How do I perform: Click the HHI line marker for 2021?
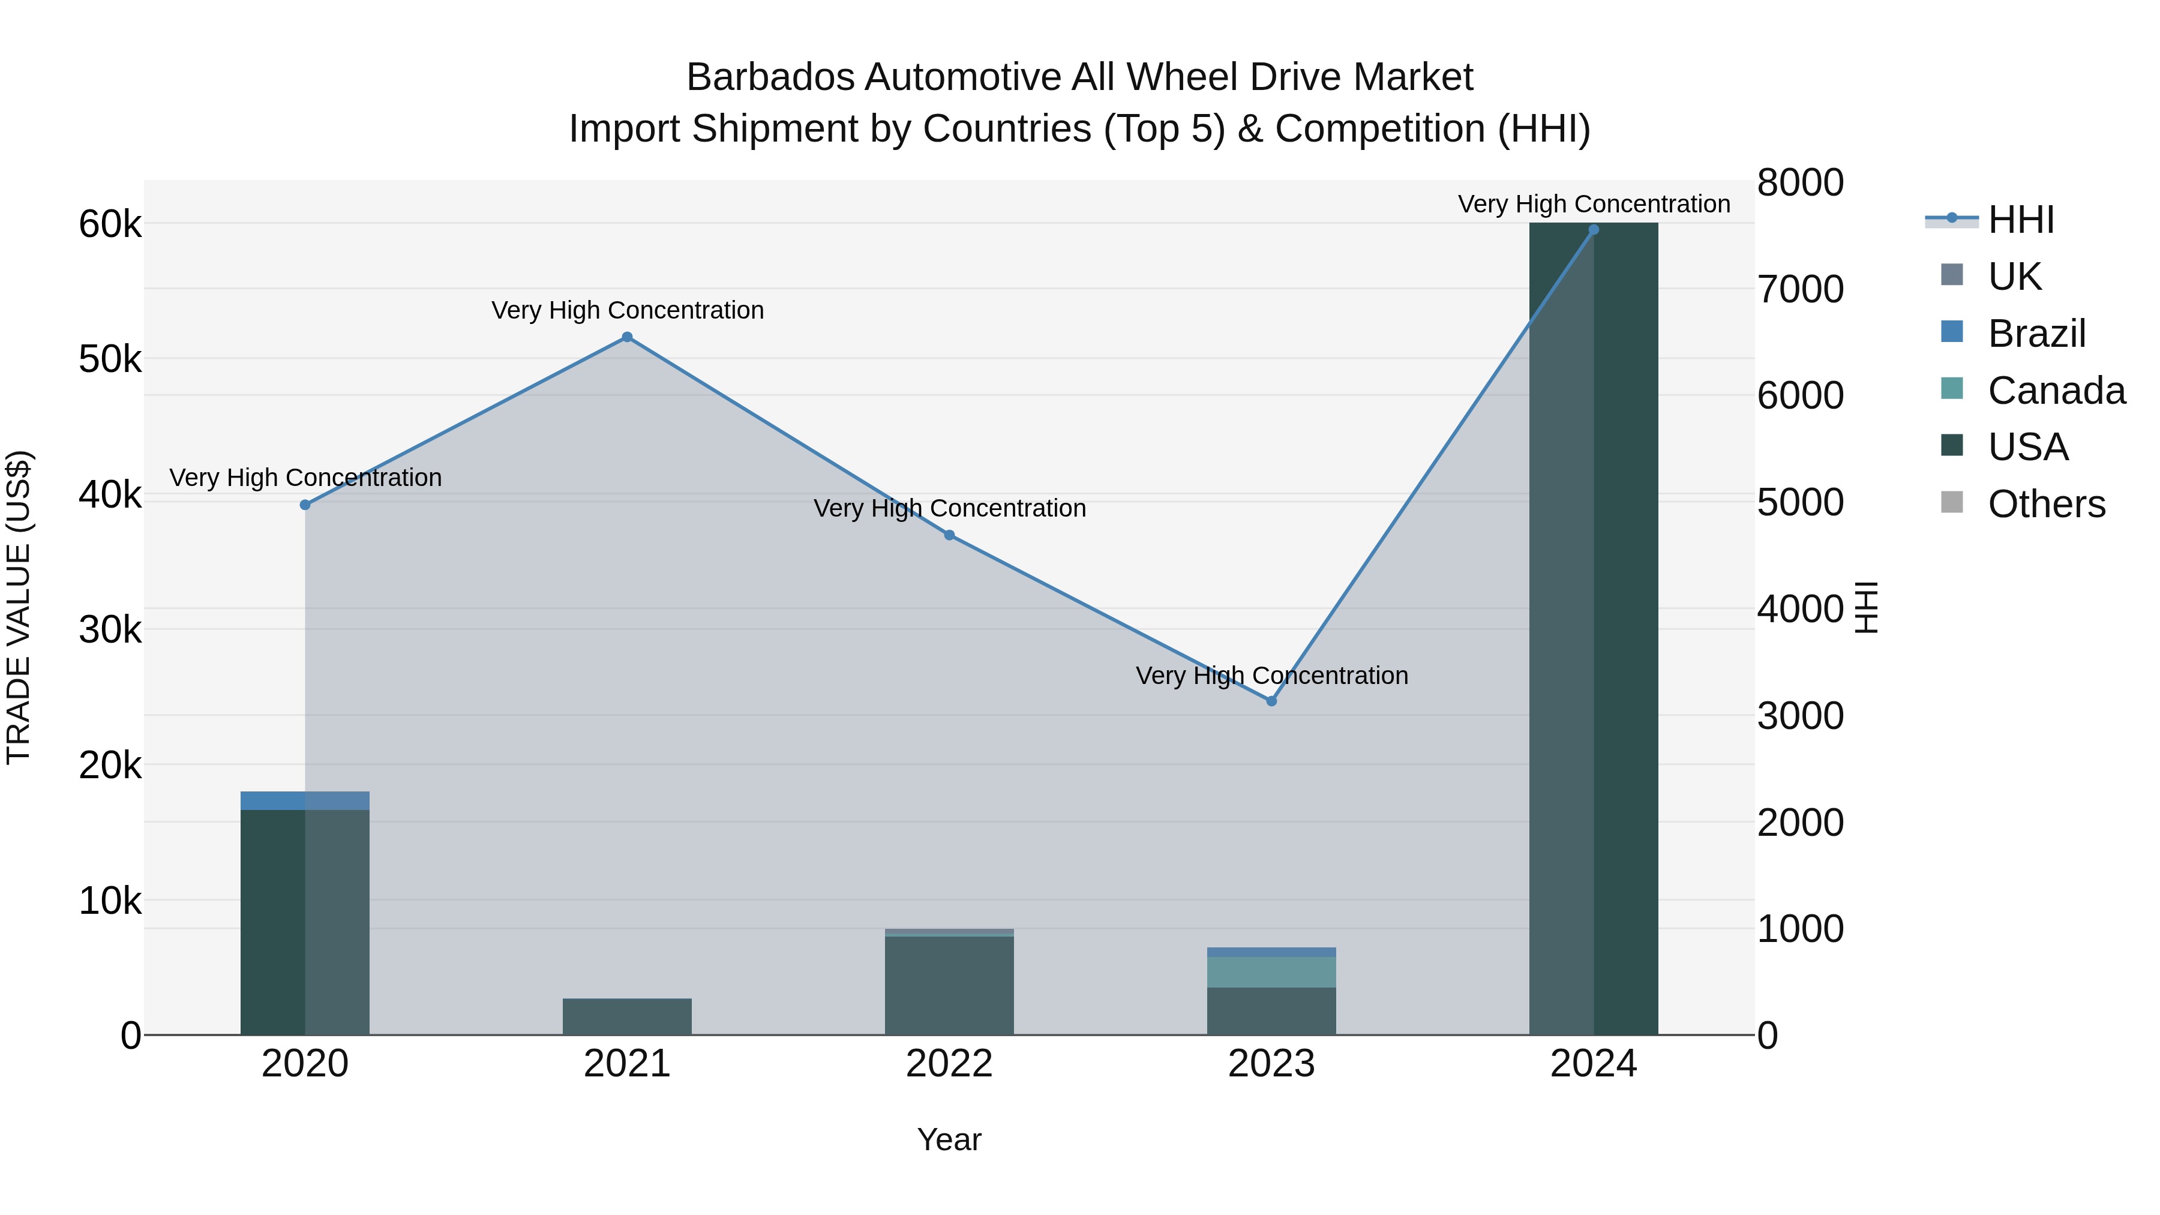point(626,337)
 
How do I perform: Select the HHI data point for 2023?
point(1271,701)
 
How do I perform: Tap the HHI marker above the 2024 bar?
point(1593,230)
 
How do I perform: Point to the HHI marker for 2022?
point(949,535)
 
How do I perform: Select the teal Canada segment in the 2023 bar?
point(1271,972)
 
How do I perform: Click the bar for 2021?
point(626,1016)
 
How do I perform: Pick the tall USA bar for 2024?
point(1593,629)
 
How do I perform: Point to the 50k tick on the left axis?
point(110,360)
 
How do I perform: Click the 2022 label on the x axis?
point(949,1064)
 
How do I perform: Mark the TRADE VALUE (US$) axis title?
point(19,607)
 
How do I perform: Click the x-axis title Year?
point(949,1139)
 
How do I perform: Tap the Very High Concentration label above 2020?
point(305,478)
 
